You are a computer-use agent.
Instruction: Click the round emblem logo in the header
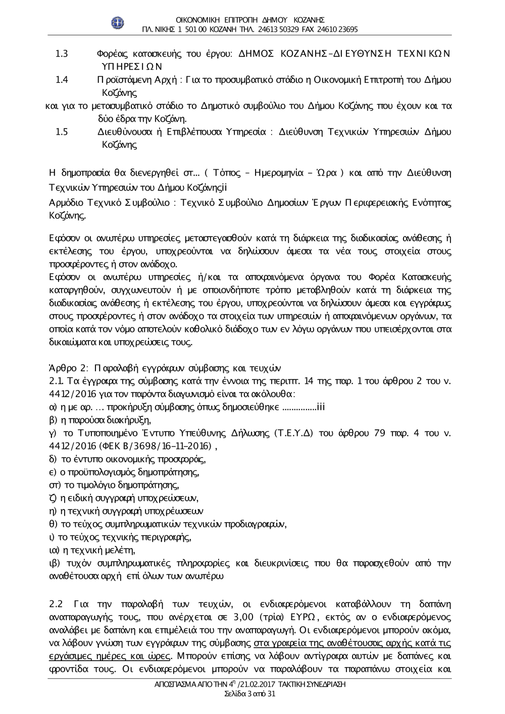(118, 22)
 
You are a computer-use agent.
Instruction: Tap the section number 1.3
(62, 53)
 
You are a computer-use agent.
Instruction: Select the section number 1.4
(62, 80)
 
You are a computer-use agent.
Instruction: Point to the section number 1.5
(62, 132)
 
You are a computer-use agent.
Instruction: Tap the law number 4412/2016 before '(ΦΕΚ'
(67, 446)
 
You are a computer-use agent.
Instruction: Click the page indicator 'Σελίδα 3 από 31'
(249, 694)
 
